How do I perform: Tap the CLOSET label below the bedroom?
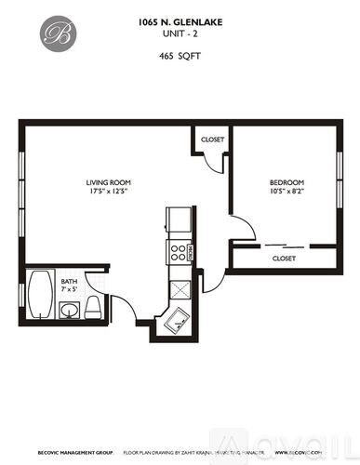click(284, 258)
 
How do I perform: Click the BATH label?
click(69, 281)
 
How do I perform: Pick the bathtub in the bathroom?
click(42, 296)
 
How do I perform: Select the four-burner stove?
click(177, 250)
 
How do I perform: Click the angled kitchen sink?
click(179, 322)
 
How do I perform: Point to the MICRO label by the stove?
click(191, 251)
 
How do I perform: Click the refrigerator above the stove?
click(177, 221)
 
